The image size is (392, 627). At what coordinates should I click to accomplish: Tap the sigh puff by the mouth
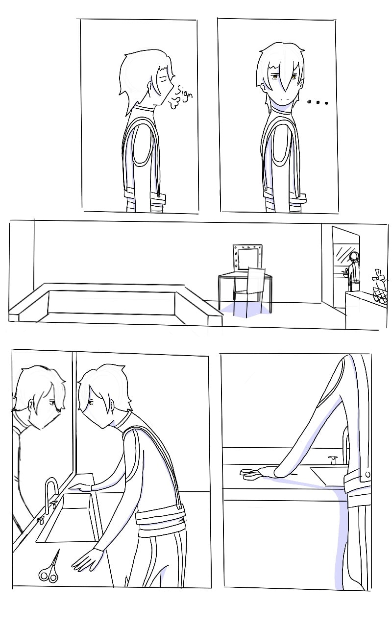173,103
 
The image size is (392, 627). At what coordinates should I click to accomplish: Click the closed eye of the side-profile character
162,77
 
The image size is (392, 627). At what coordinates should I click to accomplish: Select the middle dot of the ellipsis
318,102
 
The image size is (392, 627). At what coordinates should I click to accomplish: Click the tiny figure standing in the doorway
354,271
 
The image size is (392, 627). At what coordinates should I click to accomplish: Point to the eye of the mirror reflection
52,403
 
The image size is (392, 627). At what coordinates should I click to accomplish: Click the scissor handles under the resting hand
248,473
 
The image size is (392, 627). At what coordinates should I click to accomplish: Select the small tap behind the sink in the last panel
333,460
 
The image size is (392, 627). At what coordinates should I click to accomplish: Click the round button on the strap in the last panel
367,475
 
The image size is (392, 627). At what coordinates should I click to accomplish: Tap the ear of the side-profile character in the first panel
151,87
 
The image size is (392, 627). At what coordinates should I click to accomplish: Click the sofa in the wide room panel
115,305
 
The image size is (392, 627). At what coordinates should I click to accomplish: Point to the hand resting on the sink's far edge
80,488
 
